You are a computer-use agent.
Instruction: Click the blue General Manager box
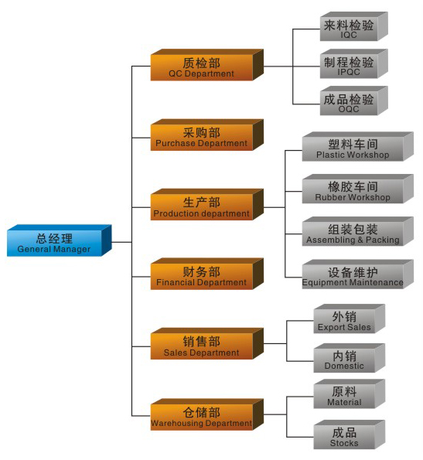click(x=60, y=240)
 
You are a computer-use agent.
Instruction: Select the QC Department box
click(x=206, y=65)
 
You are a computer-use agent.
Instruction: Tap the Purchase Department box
click(x=206, y=135)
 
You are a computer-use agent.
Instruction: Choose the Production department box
click(x=206, y=204)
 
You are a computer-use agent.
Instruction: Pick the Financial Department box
click(x=206, y=274)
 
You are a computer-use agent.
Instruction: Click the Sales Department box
click(x=206, y=343)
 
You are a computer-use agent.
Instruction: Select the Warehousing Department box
click(x=206, y=414)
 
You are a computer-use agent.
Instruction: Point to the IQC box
click(x=353, y=26)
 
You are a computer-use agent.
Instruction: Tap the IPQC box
click(x=353, y=63)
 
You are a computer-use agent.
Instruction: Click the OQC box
click(x=353, y=101)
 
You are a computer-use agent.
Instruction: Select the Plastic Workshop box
click(x=358, y=147)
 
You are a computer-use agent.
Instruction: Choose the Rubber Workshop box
click(x=358, y=189)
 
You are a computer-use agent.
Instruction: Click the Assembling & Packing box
click(x=358, y=231)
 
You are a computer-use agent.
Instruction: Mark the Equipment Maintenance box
click(x=358, y=274)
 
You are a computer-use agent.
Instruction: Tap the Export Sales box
click(x=349, y=319)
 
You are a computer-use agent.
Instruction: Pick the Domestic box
click(x=349, y=358)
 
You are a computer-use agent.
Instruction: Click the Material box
click(x=349, y=394)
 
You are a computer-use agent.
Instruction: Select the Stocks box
click(x=349, y=434)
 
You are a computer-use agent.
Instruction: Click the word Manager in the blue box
click(x=72, y=250)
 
